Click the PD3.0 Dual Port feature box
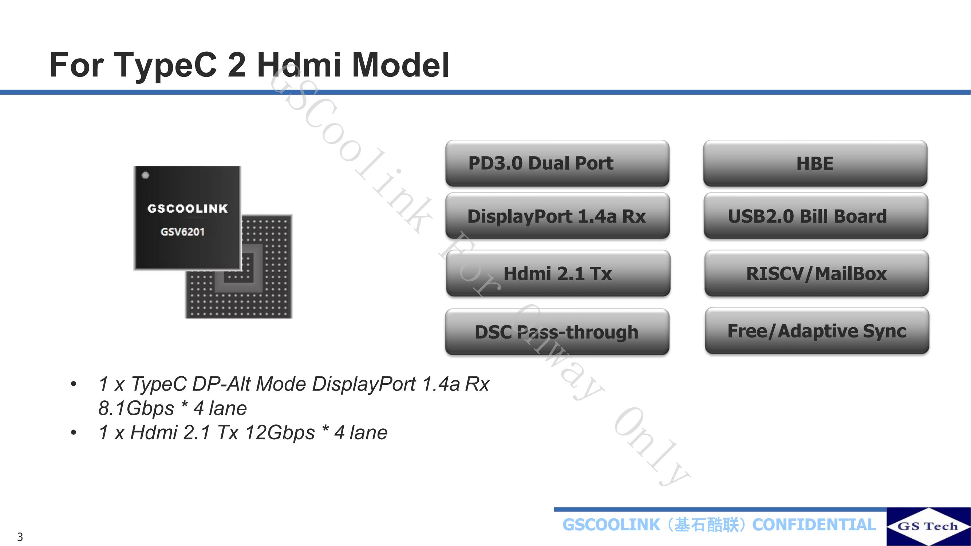point(557,163)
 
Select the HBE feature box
point(815,163)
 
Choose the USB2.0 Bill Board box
point(816,216)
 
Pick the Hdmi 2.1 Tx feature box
point(558,273)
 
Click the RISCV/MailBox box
point(817,273)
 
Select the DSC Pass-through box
point(557,332)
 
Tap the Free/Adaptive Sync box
point(817,331)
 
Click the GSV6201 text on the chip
point(182,232)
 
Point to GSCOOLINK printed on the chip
point(188,208)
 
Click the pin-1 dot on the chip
point(146,175)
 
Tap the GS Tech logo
point(928,526)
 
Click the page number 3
point(20,537)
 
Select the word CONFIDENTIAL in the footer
point(814,525)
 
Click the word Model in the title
point(401,65)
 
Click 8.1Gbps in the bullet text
point(136,408)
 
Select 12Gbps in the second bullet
point(280,432)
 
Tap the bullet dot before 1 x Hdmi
point(74,432)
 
